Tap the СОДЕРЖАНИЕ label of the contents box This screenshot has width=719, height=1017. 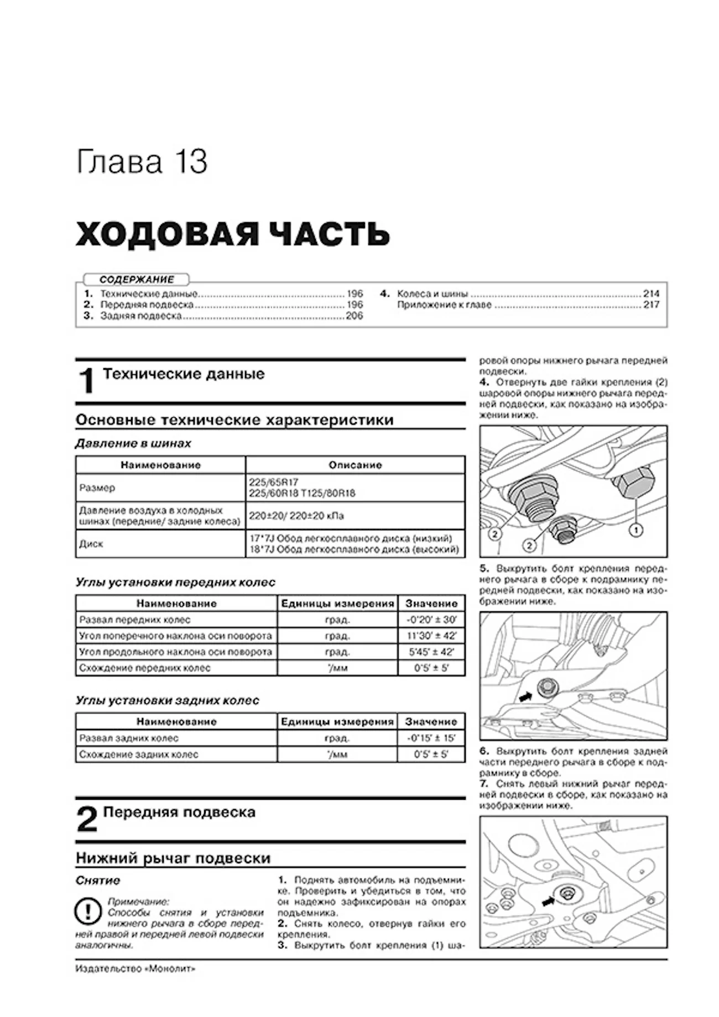137,280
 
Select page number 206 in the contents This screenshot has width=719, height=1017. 354,316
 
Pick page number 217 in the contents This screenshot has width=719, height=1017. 651,305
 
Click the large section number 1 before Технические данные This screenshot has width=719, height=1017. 87,381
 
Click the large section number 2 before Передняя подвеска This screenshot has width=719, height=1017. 87,819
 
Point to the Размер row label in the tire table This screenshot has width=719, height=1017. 97,488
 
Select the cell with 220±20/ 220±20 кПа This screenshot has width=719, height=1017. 296,516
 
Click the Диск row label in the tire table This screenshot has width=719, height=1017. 91,544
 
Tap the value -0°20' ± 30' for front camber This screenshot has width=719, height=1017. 431,620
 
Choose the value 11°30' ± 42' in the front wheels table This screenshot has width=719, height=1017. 431,636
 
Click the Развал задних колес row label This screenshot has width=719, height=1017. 129,738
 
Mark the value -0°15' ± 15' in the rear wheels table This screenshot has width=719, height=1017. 431,738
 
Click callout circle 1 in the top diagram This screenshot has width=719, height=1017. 637,531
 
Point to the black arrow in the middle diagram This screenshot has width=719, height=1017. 525,697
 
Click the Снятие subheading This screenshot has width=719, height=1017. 98,880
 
